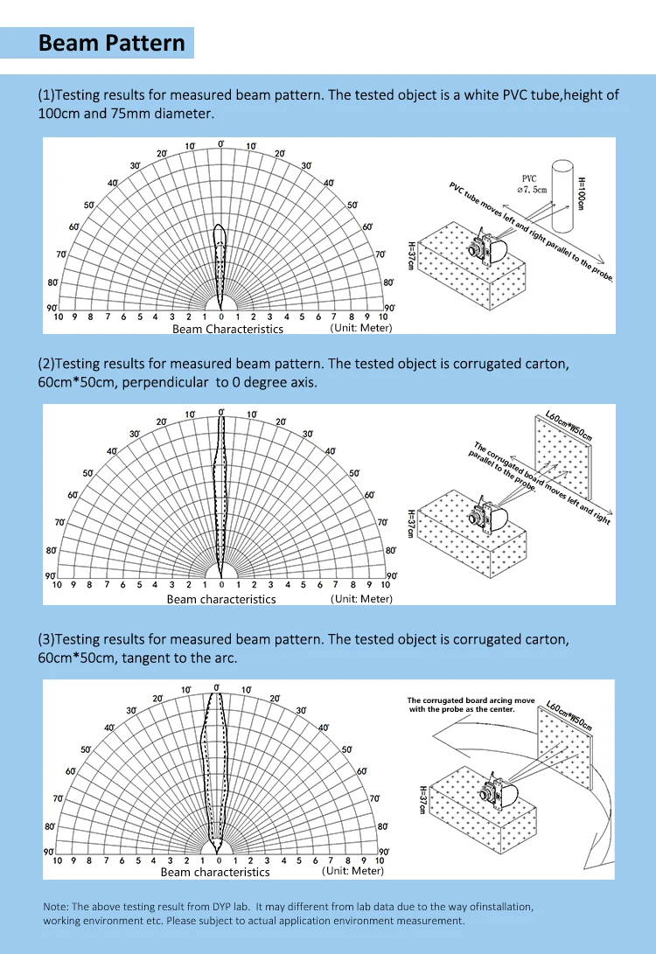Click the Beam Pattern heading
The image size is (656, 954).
pos(112,44)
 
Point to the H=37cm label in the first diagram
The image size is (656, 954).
pos(411,255)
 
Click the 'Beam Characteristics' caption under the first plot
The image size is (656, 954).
pos(227,330)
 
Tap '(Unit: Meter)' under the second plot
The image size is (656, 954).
pos(361,599)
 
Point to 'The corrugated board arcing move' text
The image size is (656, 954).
pos(471,700)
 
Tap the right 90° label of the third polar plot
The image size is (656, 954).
pos(382,851)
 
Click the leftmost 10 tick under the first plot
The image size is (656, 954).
pos(58,317)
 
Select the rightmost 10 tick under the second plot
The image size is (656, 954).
pos(385,585)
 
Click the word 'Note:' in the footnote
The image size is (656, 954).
pos(56,907)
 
